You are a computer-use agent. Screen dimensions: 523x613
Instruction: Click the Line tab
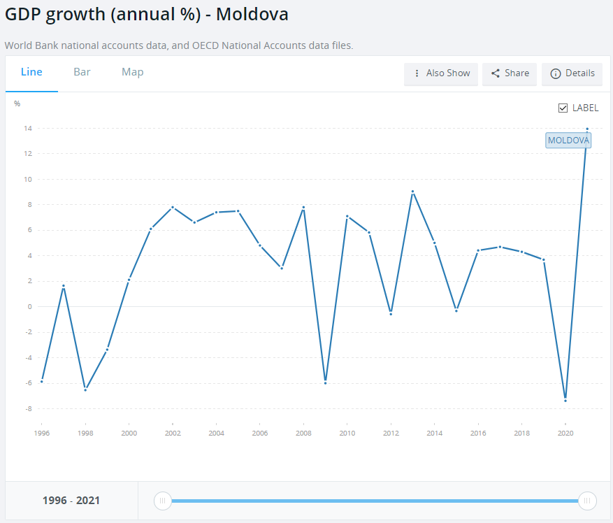(31, 72)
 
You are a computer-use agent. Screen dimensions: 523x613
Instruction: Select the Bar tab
(82, 72)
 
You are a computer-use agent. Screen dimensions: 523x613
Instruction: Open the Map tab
(132, 72)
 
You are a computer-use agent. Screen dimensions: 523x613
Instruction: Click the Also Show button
(441, 73)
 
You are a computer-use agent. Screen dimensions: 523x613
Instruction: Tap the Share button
(510, 73)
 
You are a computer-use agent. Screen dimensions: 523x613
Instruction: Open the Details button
(572, 73)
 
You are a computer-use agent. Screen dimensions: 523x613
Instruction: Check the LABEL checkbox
(563, 108)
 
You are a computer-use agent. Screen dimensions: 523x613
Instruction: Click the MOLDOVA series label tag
(568, 140)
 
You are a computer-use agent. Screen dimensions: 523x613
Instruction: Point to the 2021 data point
(587, 129)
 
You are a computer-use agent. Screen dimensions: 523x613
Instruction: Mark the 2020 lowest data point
(565, 400)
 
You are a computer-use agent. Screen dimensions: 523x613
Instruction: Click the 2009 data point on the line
(325, 382)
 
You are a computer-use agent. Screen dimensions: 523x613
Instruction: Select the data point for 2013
(412, 192)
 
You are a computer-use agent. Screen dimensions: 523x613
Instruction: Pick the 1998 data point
(85, 389)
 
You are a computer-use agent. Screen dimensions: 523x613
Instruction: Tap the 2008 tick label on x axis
(303, 434)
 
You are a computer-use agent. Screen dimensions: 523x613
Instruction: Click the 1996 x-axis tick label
(41, 434)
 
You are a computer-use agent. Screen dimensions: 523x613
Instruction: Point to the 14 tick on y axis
(27, 129)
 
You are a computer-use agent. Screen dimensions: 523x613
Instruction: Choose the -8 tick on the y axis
(27, 408)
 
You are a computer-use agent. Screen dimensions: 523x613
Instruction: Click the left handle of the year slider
(162, 501)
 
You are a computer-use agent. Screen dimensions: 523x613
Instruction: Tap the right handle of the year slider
(587, 501)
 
